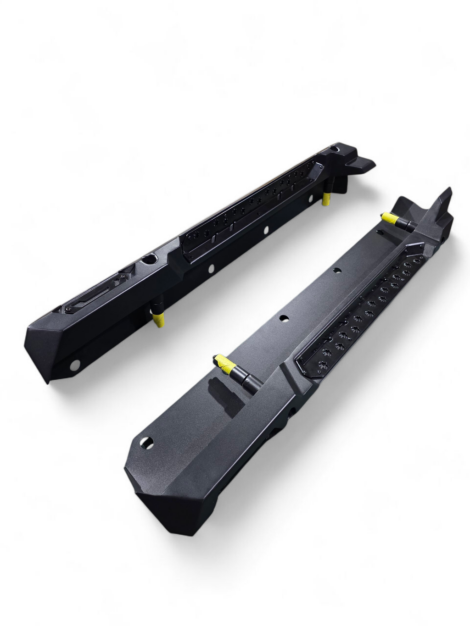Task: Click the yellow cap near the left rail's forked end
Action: [326, 199]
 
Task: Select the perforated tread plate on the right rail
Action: [363, 312]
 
